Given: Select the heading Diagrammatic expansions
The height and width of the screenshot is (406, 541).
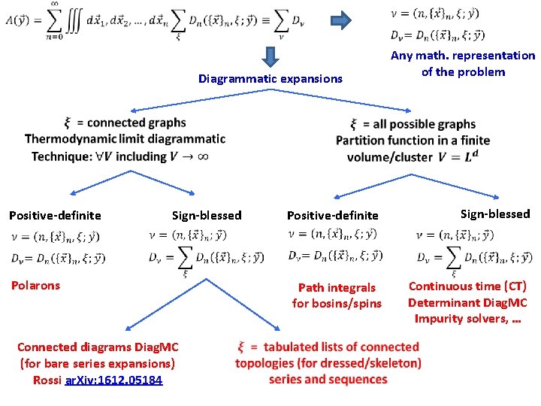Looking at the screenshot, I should [x=270, y=78].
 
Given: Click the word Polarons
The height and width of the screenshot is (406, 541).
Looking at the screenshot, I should [x=35, y=285].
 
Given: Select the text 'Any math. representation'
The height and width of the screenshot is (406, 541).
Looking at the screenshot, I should [x=463, y=56].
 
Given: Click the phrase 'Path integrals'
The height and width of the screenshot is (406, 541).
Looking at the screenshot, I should [x=337, y=287].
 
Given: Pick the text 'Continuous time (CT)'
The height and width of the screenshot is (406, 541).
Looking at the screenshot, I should [x=467, y=286].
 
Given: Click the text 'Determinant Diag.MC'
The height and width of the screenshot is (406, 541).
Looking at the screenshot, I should [x=467, y=302].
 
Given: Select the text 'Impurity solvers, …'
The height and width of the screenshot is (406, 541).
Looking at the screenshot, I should [x=467, y=319].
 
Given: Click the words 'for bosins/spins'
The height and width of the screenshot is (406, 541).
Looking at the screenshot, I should [x=337, y=304].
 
